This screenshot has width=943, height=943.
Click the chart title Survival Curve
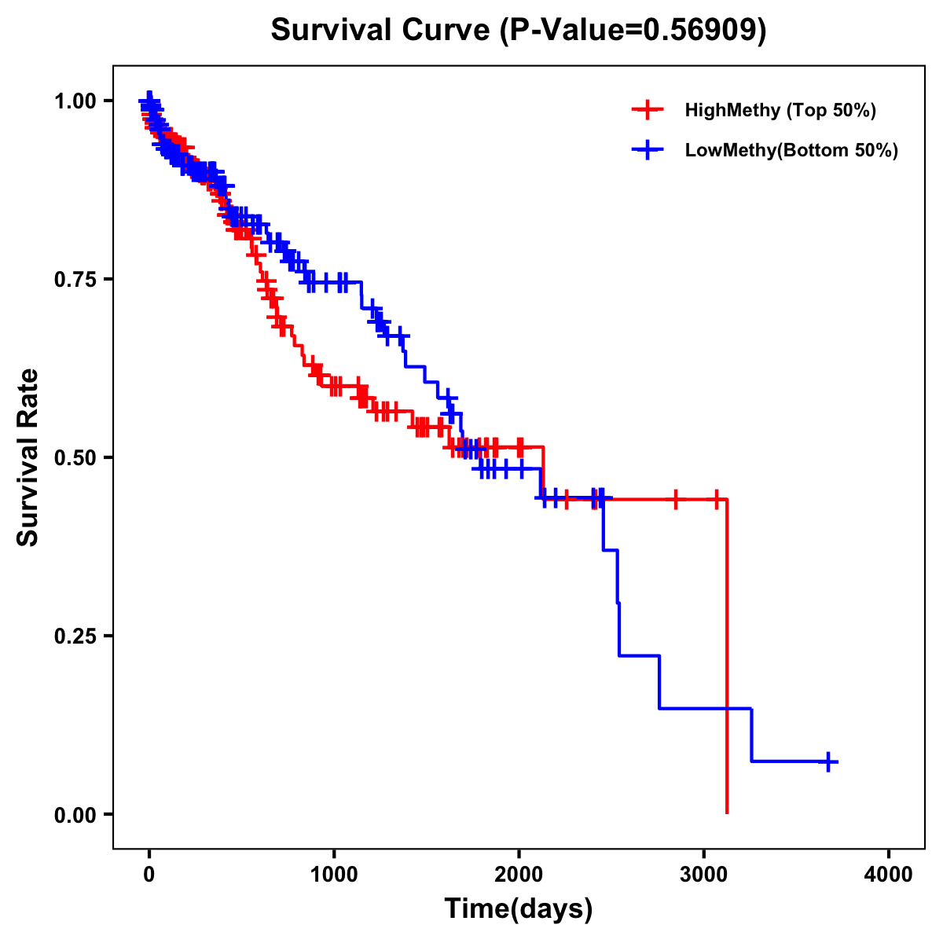[382, 30]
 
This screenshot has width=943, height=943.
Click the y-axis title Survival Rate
[28, 457]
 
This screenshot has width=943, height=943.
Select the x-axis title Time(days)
[519, 909]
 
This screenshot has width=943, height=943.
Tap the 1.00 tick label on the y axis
[75, 101]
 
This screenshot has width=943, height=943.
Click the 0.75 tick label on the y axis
[75, 279]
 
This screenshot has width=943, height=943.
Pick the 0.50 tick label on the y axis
[75, 457]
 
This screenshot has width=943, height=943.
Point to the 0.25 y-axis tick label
[75, 636]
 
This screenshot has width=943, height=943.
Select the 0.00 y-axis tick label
[75, 814]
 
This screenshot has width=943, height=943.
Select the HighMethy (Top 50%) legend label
[780, 110]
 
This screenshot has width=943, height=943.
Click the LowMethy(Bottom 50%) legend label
[791, 150]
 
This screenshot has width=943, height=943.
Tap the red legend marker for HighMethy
[648, 110]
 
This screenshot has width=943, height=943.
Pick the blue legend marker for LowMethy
[648, 150]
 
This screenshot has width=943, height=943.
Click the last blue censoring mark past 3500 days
[828, 761]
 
